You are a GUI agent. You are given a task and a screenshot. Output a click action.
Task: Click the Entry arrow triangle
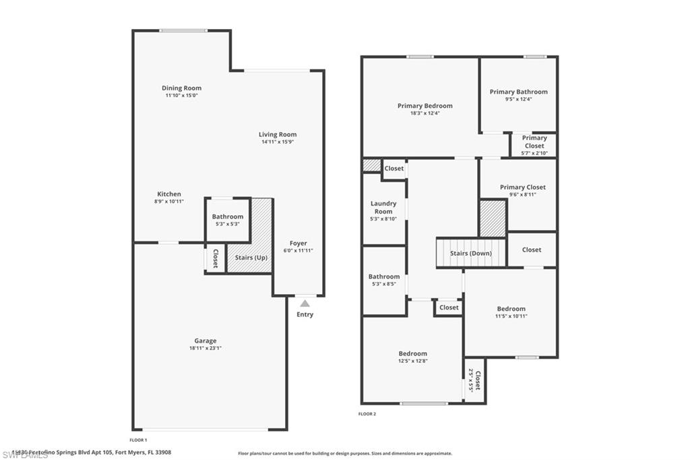point(305,304)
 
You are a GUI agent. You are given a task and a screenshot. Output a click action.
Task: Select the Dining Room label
point(181,88)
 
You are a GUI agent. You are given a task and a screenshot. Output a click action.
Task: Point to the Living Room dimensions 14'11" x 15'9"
point(278,142)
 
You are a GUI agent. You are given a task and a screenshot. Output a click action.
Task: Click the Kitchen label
point(169,194)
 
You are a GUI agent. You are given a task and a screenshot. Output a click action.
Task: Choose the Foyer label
point(298,243)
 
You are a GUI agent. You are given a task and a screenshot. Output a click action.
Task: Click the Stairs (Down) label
point(470,253)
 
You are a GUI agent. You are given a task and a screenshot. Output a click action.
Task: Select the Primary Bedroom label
point(425,105)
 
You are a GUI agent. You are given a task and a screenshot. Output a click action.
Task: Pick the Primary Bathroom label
point(518,92)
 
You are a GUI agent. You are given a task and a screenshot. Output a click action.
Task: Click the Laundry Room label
point(383,207)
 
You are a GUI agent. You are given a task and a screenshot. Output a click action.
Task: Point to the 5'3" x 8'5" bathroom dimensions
point(383,284)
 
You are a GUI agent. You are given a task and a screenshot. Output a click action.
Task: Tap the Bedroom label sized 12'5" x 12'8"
point(412,353)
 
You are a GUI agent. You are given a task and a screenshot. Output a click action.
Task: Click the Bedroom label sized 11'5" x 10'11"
point(510,308)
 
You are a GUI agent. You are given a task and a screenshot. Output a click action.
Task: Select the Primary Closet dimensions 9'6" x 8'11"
point(522,194)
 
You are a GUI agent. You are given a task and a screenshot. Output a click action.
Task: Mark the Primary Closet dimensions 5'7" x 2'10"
point(534,153)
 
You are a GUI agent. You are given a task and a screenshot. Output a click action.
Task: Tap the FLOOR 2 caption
point(367,413)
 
